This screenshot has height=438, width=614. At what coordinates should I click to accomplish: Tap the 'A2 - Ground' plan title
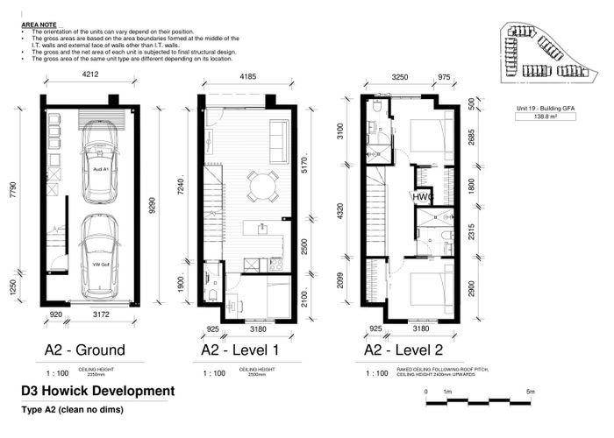tap(84, 350)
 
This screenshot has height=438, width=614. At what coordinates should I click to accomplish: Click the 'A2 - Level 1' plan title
tap(240, 350)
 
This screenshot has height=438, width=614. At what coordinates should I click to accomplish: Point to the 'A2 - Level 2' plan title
tap(405, 350)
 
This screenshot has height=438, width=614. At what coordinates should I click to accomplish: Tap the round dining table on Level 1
tap(260, 186)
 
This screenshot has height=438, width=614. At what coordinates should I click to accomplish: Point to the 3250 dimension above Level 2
tap(400, 77)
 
